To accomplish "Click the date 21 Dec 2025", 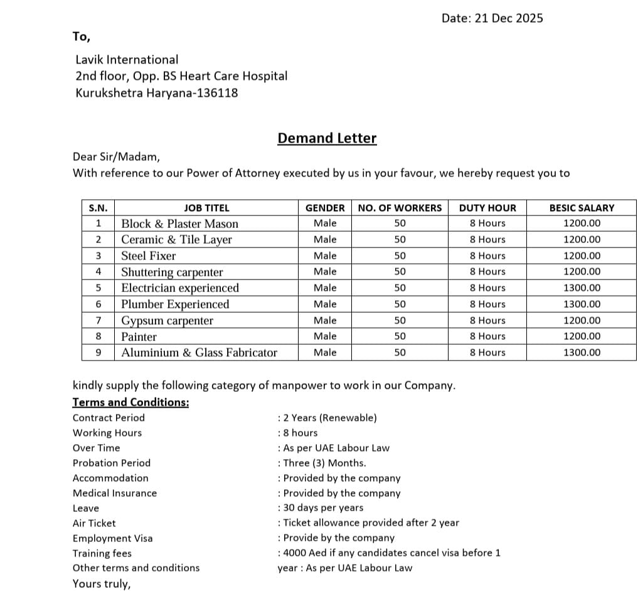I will point(509,18).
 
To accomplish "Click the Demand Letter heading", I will point(327,138).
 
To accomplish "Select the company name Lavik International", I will point(127,60).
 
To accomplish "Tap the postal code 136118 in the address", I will point(217,94).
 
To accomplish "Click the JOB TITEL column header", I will point(206,208).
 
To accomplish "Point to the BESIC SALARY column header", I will point(582,208).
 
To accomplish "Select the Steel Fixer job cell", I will point(149,256).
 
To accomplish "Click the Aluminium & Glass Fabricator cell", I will point(199,352).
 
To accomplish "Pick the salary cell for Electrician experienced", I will point(582,288).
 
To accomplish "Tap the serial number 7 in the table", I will point(98,320).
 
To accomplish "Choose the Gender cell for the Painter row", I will point(325,336).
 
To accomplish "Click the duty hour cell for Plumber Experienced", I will point(487,304).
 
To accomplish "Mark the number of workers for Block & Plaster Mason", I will point(400,224).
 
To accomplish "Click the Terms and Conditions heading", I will point(130,402).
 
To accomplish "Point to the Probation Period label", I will point(112,463).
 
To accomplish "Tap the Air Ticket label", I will point(94,523).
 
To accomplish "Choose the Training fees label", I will point(102,553).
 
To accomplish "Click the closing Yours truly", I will point(102,583).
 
